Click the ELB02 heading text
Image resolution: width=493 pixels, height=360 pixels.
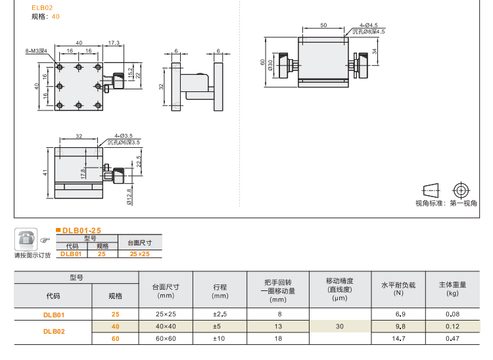tap(42, 7)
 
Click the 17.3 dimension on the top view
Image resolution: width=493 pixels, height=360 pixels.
tap(114, 43)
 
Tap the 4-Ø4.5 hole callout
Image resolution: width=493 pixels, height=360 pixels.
tap(368, 24)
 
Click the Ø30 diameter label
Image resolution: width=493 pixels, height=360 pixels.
tap(270, 67)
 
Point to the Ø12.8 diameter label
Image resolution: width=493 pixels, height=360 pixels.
tap(129, 196)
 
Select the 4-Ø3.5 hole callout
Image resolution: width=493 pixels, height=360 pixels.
tap(124, 135)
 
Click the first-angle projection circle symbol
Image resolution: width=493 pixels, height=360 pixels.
tap(462, 190)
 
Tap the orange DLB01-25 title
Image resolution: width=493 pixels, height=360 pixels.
tap(82, 231)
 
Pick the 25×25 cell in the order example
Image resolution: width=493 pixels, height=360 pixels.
tap(139, 254)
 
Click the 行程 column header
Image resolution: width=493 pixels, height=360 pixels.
tap(220, 287)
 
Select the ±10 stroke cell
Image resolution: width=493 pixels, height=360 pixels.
tap(220, 338)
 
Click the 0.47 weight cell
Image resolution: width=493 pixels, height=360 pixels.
tap(452, 338)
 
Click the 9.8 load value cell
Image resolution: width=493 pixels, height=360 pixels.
tap(398, 326)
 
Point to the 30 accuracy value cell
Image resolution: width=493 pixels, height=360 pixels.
tap(340, 326)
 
